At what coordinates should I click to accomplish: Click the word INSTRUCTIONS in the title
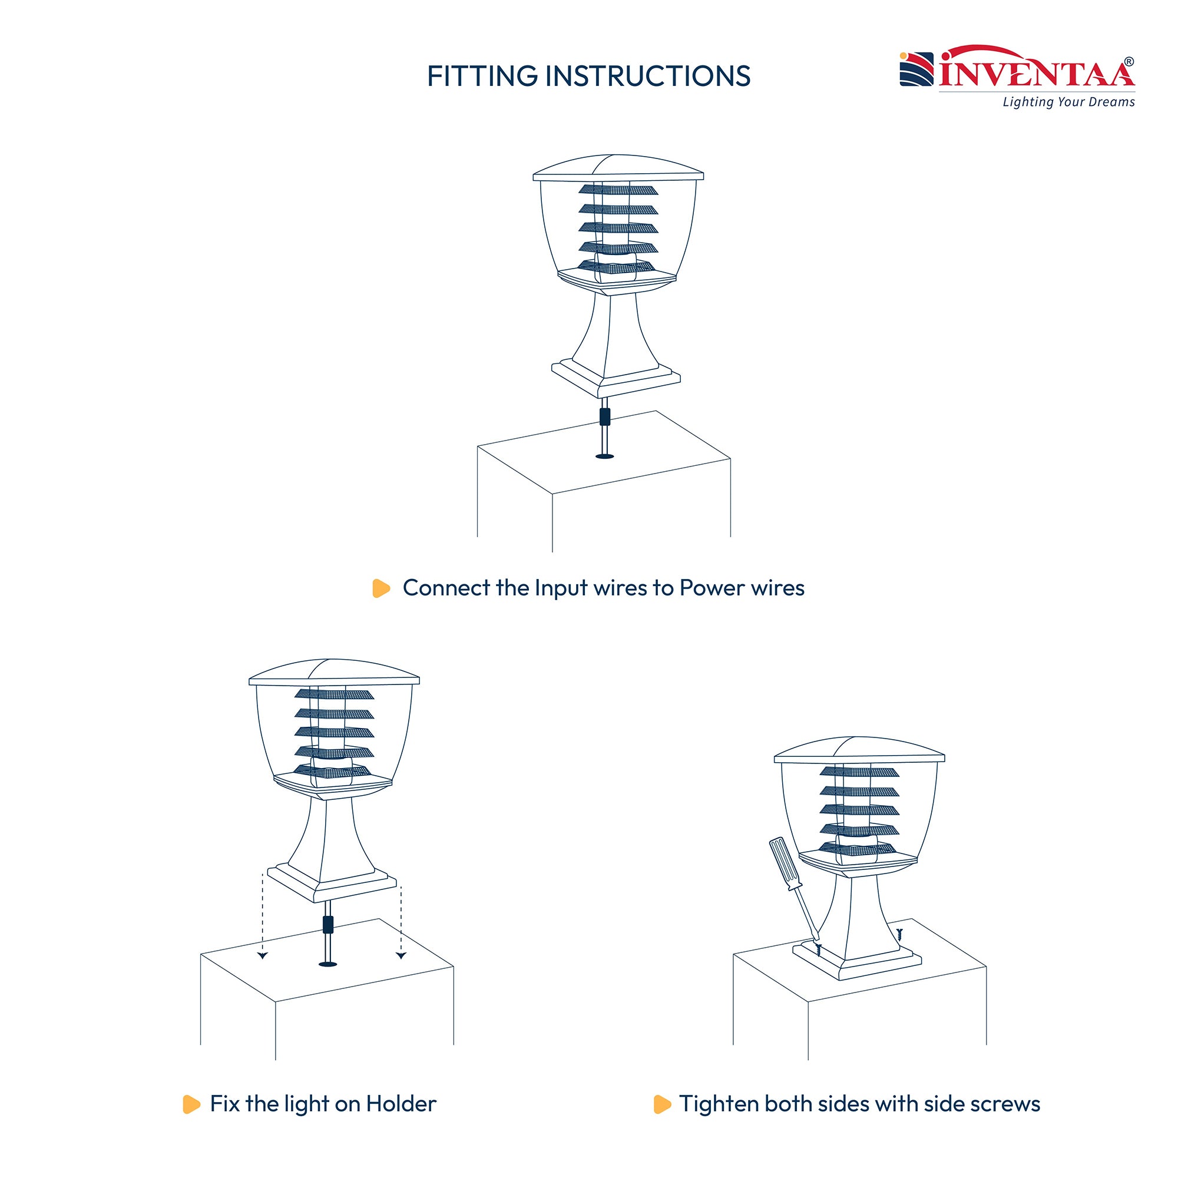(647, 76)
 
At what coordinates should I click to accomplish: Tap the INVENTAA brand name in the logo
(1037, 73)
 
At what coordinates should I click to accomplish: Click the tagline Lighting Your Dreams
(1068, 102)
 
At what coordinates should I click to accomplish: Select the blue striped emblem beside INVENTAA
(916, 70)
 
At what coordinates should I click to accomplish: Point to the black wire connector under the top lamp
(604, 417)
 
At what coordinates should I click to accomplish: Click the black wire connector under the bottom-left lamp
(328, 925)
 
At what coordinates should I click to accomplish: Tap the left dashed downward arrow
(262, 916)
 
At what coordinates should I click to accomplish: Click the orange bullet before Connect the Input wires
(381, 588)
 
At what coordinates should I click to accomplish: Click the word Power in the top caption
(712, 588)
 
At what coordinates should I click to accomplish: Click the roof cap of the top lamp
(618, 167)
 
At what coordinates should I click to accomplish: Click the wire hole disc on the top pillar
(604, 456)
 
